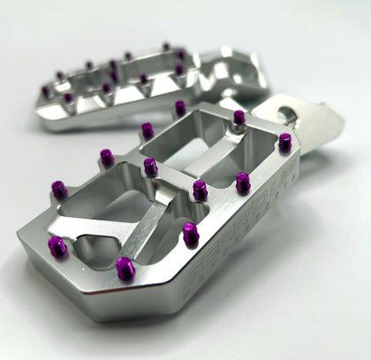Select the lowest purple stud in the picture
click(125, 266)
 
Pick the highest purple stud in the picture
click(166, 47)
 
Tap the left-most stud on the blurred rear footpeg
click(46, 91)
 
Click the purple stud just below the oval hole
click(284, 141)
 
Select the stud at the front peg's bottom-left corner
click(57, 246)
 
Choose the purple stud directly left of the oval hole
click(239, 116)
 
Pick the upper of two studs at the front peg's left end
click(59, 189)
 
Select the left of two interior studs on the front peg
click(151, 166)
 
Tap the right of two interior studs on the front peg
click(201, 189)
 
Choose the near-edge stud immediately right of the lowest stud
click(191, 233)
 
